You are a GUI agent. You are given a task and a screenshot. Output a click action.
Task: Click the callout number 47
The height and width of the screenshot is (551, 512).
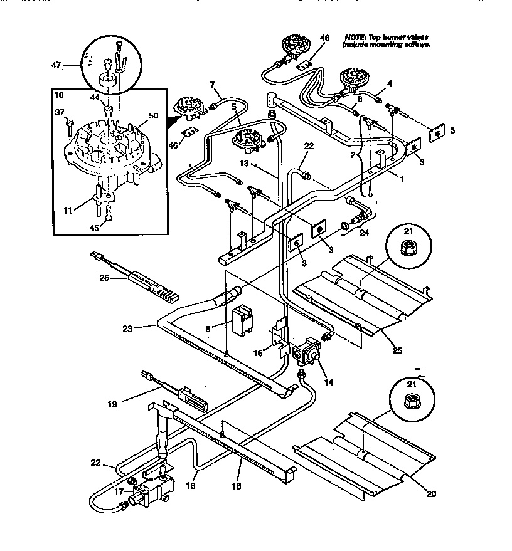pos(55,65)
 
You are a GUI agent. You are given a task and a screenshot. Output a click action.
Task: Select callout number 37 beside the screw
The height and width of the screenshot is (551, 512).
pos(60,112)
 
